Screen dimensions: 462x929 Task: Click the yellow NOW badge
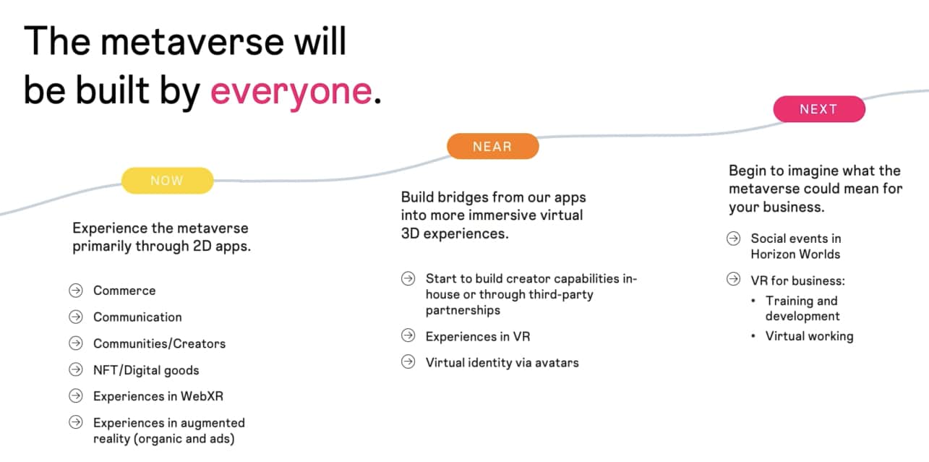coord(167,181)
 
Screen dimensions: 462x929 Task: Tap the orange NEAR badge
coord(492,146)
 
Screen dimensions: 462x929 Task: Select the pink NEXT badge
coord(818,109)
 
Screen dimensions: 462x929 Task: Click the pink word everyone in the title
coord(291,92)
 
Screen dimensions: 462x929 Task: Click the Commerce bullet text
coord(124,291)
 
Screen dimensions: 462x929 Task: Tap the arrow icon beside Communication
coord(76,317)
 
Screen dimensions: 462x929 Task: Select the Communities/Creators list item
coord(159,343)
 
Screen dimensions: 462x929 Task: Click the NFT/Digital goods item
coord(146,370)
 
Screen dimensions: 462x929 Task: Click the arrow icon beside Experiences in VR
coord(408,336)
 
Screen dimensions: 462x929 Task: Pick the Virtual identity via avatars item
coord(502,363)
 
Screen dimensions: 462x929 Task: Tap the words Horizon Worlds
coord(795,254)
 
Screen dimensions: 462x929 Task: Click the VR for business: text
coord(797,281)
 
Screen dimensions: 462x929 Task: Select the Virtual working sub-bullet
coord(809,336)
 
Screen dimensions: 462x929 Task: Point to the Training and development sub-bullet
coord(802,309)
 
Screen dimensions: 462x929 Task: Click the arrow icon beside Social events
coord(734,239)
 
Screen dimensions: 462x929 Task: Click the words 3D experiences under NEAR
coord(455,234)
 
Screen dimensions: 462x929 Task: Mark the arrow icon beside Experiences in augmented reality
coord(76,422)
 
